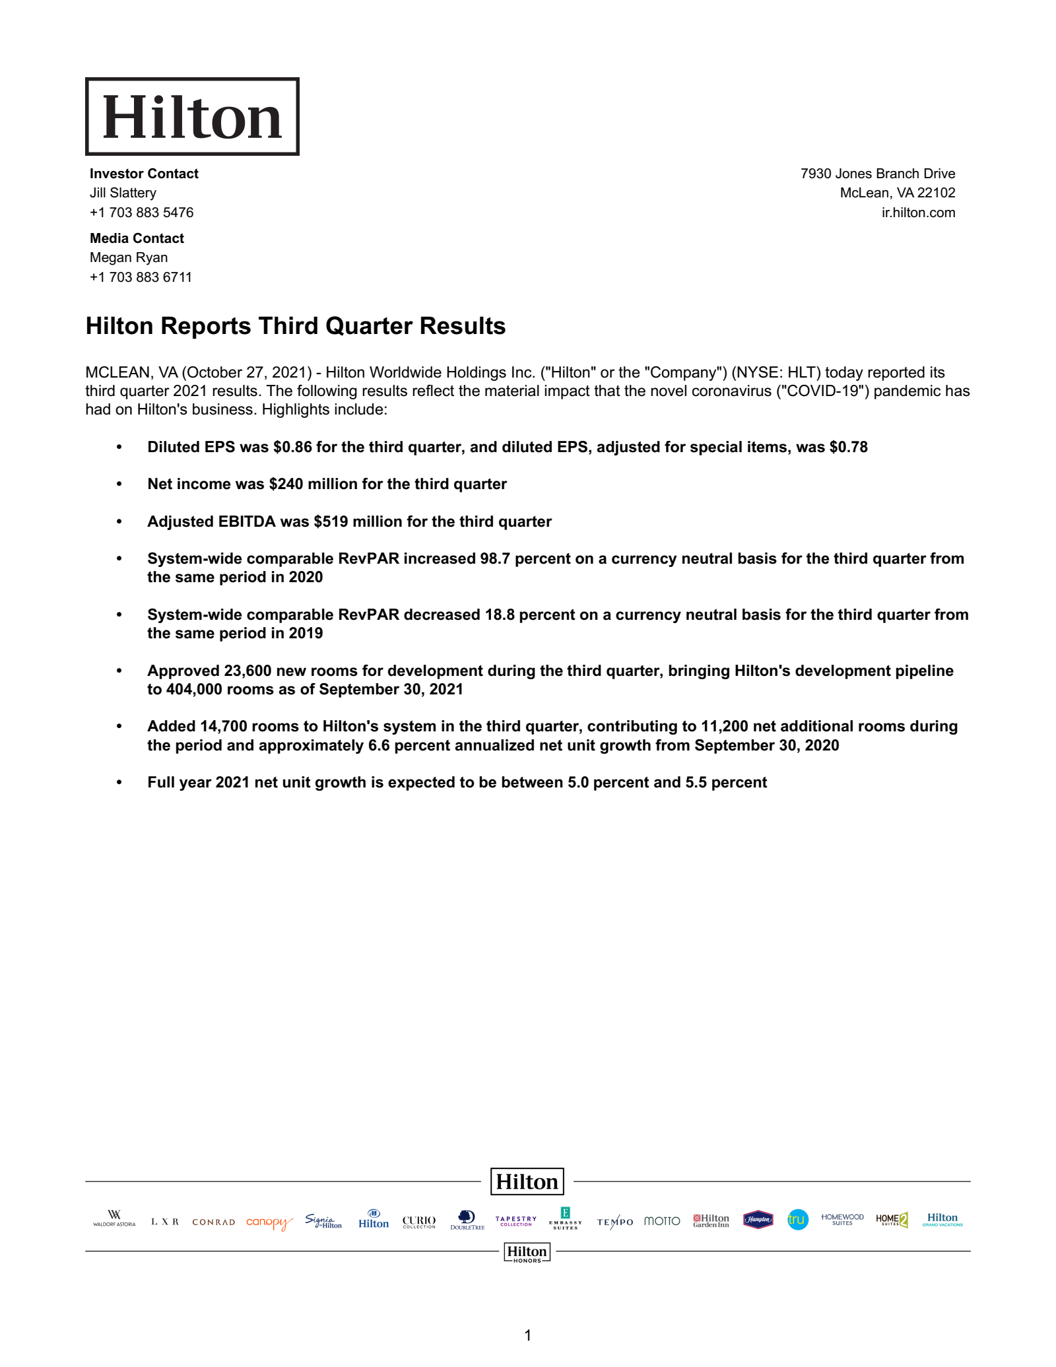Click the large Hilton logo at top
coord(192,117)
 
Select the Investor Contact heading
coord(144,174)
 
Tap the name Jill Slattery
coord(123,193)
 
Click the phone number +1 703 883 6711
coord(141,277)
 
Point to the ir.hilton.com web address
coord(918,213)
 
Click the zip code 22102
coord(936,193)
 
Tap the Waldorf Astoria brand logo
coord(114,1218)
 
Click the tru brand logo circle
coord(797,1219)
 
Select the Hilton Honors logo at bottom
coord(527,1252)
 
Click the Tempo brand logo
coord(614,1222)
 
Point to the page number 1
coord(527,1335)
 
